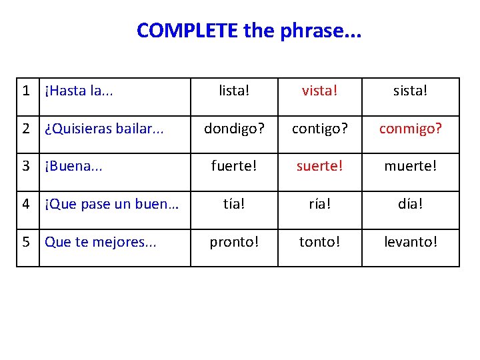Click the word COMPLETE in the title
coord(187,31)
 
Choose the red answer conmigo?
coord(411,129)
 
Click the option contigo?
coord(319,129)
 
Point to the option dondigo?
coord(234,129)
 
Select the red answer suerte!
coord(319,166)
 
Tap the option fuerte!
coord(234,166)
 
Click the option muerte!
coord(411,166)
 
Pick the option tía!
coord(234,204)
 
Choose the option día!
coord(411,204)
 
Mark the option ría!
coord(319,204)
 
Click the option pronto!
coord(234,242)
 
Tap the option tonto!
coord(319,242)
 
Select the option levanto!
coord(411,242)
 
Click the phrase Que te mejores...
coord(100,242)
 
